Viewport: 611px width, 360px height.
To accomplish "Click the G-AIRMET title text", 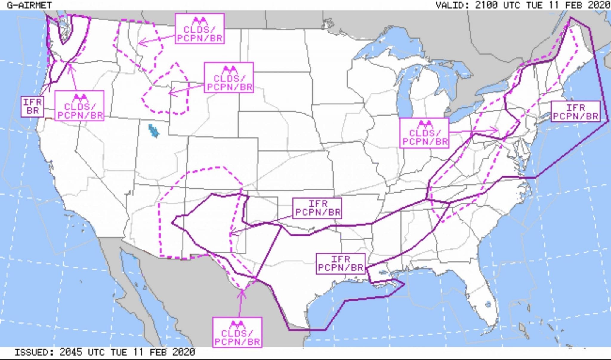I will pyautogui.click(x=29, y=5).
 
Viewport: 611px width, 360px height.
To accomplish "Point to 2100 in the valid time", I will pyautogui.click(x=486, y=5).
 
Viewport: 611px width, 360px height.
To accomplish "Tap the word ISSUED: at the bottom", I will pyautogui.click(x=34, y=352).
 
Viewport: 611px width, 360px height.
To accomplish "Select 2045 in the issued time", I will pyautogui.click(x=71, y=352).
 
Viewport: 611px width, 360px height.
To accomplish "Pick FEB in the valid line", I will pyautogui.click(x=573, y=5).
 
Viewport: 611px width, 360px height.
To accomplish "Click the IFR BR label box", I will pyautogui.click(x=33, y=107).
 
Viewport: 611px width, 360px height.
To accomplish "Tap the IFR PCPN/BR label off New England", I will pyautogui.click(x=575, y=112).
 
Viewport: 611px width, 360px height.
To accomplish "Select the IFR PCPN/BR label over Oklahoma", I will pyautogui.click(x=317, y=208).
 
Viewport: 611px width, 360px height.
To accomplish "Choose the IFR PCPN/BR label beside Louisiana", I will pyautogui.click(x=340, y=264).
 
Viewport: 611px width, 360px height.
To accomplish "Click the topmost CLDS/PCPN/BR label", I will pyautogui.click(x=200, y=29).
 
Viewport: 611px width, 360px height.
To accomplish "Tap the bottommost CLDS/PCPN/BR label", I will pyautogui.click(x=237, y=332).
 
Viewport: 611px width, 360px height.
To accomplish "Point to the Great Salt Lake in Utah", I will pyautogui.click(x=153, y=130).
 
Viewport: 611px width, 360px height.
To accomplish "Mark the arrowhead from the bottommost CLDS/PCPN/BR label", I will pyautogui.click(x=242, y=291).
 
